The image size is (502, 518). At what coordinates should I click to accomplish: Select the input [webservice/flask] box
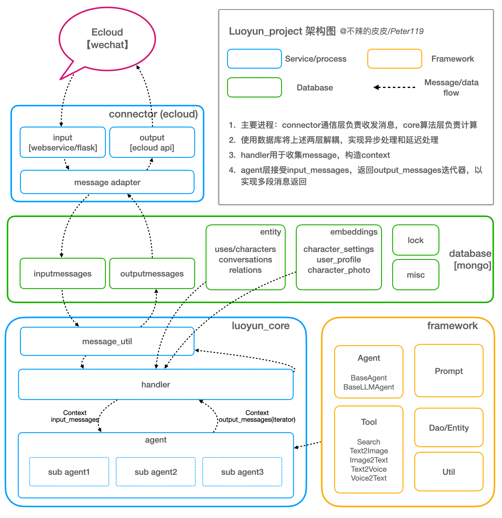click(x=63, y=143)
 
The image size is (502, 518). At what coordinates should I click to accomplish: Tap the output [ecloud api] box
click(x=152, y=143)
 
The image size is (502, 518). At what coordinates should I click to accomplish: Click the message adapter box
click(x=107, y=182)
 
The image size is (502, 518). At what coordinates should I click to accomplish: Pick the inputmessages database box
click(x=63, y=273)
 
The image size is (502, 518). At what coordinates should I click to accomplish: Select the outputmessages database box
click(x=152, y=273)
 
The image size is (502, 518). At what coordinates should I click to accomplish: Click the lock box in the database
click(x=415, y=240)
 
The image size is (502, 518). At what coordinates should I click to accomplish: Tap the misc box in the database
click(x=415, y=275)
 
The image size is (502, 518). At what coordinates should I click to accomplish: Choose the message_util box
click(x=107, y=341)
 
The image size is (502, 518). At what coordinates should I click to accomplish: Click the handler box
click(x=156, y=384)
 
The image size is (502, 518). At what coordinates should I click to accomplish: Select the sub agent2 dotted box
click(x=156, y=472)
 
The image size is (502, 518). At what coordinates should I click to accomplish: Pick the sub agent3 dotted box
click(x=242, y=472)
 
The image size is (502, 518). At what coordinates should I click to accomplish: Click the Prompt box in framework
click(x=449, y=371)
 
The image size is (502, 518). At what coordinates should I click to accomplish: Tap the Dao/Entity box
click(x=449, y=428)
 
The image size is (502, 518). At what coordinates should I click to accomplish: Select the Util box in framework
click(x=449, y=472)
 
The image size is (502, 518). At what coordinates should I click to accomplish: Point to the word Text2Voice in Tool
click(x=369, y=469)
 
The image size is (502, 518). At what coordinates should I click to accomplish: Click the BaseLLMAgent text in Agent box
click(x=369, y=387)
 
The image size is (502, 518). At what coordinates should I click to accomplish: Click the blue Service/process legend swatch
click(x=254, y=59)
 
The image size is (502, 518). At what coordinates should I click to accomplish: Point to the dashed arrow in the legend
click(x=395, y=87)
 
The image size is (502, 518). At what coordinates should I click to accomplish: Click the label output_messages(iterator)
click(x=257, y=420)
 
